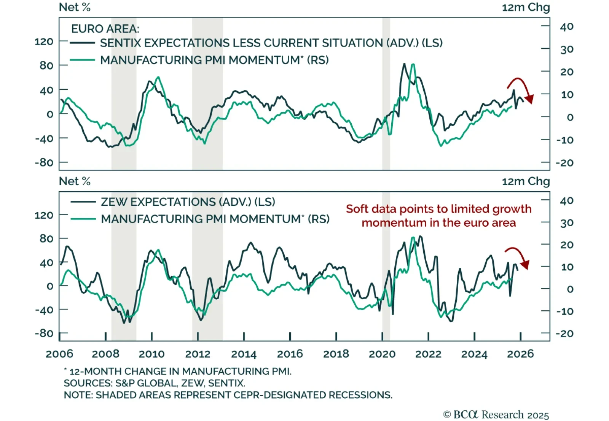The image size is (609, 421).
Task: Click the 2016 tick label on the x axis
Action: pyautogui.click(x=290, y=354)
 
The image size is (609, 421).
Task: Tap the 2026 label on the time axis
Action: pyautogui.click(x=520, y=354)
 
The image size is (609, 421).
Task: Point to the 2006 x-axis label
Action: pyautogui.click(x=59, y=354)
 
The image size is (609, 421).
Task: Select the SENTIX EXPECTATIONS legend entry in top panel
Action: pyautogui.click(x=271, y=43)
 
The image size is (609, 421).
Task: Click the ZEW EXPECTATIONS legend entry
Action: pyautogui.click(x=188, y=202)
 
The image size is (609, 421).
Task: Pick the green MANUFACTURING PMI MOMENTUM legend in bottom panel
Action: pyautogui.click(x=215, y=219)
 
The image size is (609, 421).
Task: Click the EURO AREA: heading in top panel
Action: pyautogui.click(x=105, y=29)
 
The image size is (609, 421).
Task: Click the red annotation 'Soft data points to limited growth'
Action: pyautogui.click(x=438, y=209)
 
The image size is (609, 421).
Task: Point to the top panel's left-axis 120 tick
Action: pyautogui.click(x=44, y=41)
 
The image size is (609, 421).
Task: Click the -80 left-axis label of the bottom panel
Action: pyautogui.click(x=44, y=334)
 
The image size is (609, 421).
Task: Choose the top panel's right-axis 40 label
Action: pyautogui.click(x=566, y=27)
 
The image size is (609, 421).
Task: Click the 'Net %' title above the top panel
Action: pyautogui.click(x=75, y=7)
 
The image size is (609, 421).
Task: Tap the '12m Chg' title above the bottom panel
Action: pyautogui.click(x=526, y=181)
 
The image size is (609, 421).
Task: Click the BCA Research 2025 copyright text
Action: pyautogui.click(x=496, y=415)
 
